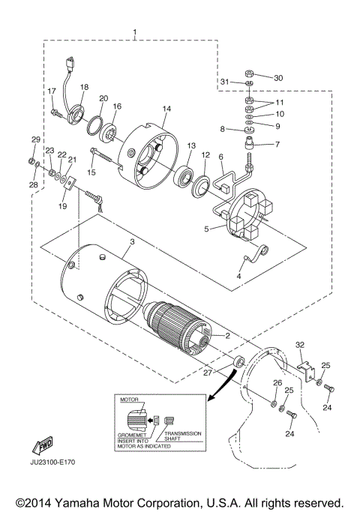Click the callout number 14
click(x=166, y=109)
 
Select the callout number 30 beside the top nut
click(x=278, y=78)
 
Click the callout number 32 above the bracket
click(x=301, y=345)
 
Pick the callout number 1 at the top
click(x=135, y=32)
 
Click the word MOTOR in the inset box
click(x=130, y=402)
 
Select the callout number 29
click(x=34, y=139)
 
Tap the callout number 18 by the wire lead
click(x=84, y=88)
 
